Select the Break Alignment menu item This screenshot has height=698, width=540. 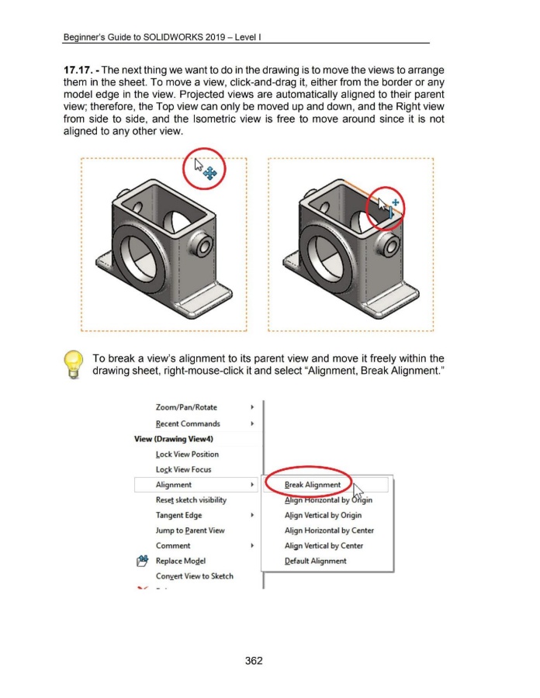(313, 485)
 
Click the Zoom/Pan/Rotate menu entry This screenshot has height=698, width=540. (186, 408)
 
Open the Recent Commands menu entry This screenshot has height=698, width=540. (188, 424)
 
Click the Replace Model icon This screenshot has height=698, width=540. (142, 561)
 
